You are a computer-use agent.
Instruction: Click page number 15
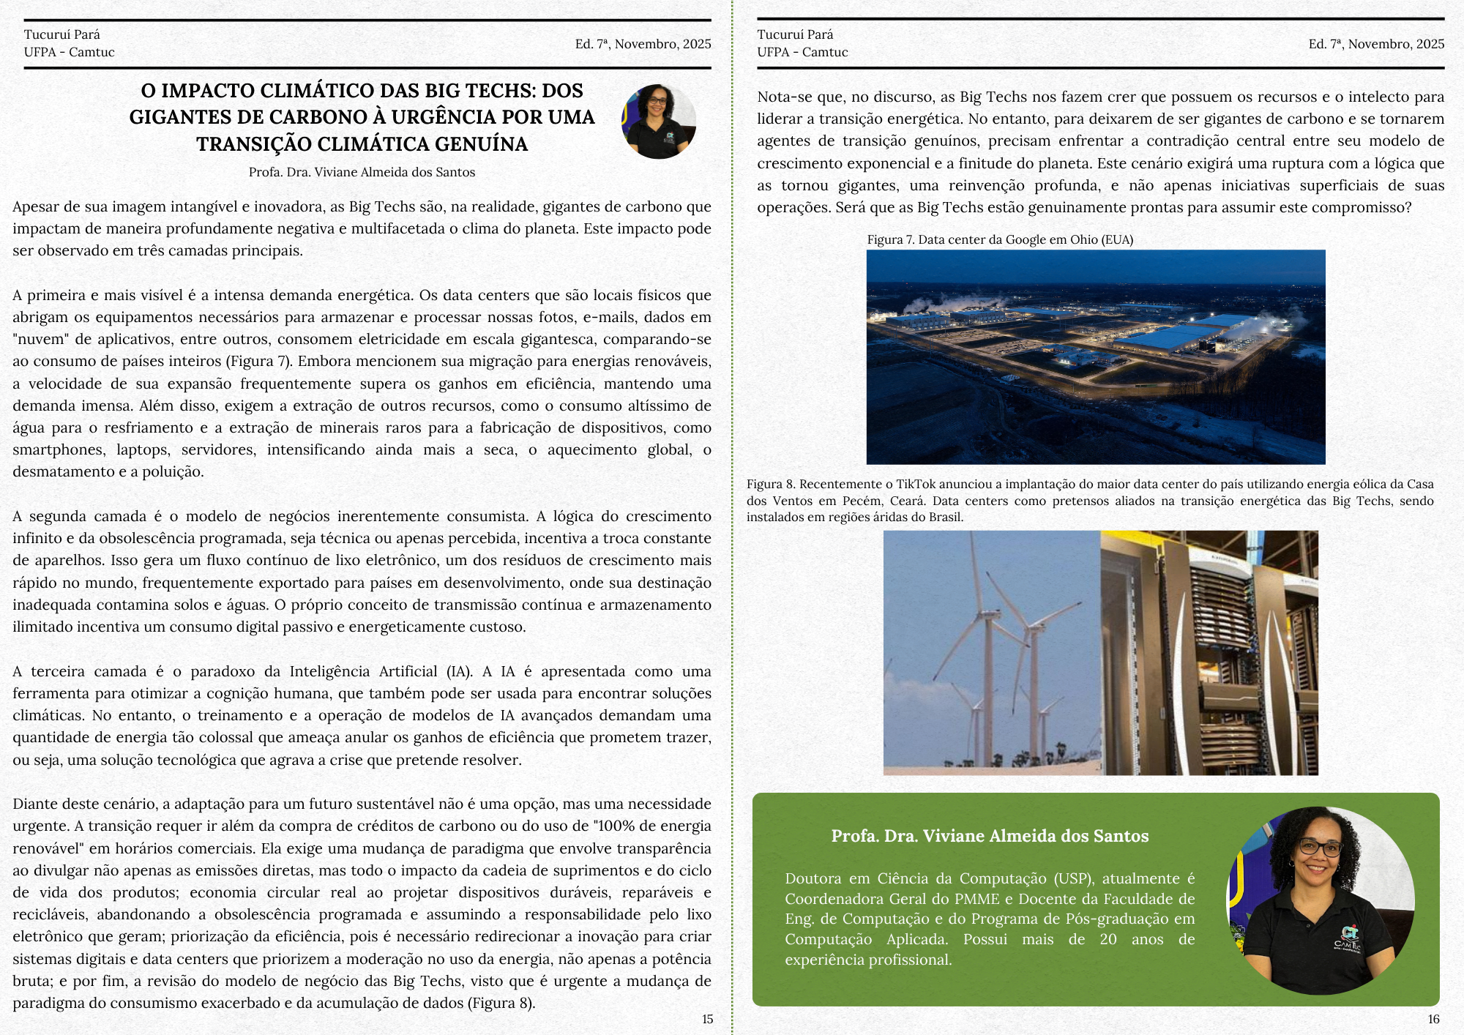(x=707, y=1019)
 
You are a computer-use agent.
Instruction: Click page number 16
(x=1433, y=1019)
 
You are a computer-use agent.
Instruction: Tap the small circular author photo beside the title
(x=658, y=121)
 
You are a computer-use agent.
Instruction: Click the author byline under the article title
(x=362, y=172)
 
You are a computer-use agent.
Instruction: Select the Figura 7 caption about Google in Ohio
(x=999, y=239)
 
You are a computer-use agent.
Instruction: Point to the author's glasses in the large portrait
(x=1320, y=848)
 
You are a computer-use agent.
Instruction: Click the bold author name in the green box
(x=990, y=836)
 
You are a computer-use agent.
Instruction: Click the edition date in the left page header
(x=643, y=44)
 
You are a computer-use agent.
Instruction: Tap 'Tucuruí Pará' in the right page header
(x=795, y=34)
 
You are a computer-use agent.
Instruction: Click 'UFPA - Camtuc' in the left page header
(x=69, y=52)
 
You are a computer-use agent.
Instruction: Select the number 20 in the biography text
(x=1108, y=939)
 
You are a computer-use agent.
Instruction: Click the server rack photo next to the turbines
(x=1209, y=652)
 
